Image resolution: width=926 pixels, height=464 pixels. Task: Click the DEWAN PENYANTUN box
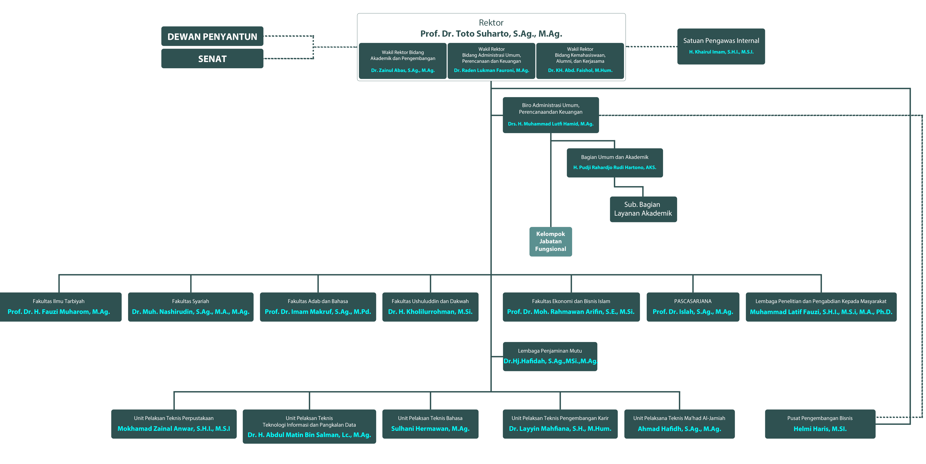coord(212,36)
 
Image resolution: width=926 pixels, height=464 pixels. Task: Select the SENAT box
coord(212,59)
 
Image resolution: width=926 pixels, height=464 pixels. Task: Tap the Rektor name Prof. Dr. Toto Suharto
coord(491,34)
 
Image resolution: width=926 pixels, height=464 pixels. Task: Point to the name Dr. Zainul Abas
coord(403,70)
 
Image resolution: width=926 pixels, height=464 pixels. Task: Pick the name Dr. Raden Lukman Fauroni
coord(491,70)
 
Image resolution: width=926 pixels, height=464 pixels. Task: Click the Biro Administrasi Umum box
coord(550,115)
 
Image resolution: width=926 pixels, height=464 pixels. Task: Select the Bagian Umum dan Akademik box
coord(615,162)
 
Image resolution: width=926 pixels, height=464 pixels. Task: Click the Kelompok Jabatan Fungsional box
coord(550,241)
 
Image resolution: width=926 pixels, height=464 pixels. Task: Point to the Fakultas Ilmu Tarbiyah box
coord(59,306)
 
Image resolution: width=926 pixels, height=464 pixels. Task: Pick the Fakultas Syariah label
coord(191,301)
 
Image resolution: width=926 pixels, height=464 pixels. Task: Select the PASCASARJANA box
coord(693,306)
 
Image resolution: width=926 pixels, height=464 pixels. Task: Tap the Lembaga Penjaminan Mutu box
coord(550,356)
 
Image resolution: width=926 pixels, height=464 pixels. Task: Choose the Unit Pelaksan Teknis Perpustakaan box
coord(174,424)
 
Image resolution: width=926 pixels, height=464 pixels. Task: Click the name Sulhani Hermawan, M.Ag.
coord(430,429)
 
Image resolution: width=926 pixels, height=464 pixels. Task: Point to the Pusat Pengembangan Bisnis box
coord(820,424)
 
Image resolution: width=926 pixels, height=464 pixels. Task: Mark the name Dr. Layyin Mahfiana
coord(560,429)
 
